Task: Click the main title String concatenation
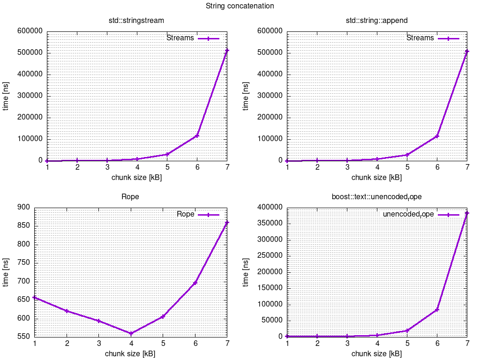[240, 6]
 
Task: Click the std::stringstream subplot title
[136, 21]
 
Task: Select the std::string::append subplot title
[376, 21]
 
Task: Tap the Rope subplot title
[130, 197]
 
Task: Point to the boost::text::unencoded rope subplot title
[376, 197]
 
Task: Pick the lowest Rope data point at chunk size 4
[131, 334]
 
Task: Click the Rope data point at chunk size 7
[227, 223]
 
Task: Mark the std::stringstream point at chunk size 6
[197, 135]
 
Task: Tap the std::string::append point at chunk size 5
[407, 155]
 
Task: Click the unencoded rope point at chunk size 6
[437, 310]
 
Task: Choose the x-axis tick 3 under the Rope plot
[98, 344]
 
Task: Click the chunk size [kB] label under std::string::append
[376, 178]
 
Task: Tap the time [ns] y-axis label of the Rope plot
[6, 272]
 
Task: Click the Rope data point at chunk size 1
[35, 298]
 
